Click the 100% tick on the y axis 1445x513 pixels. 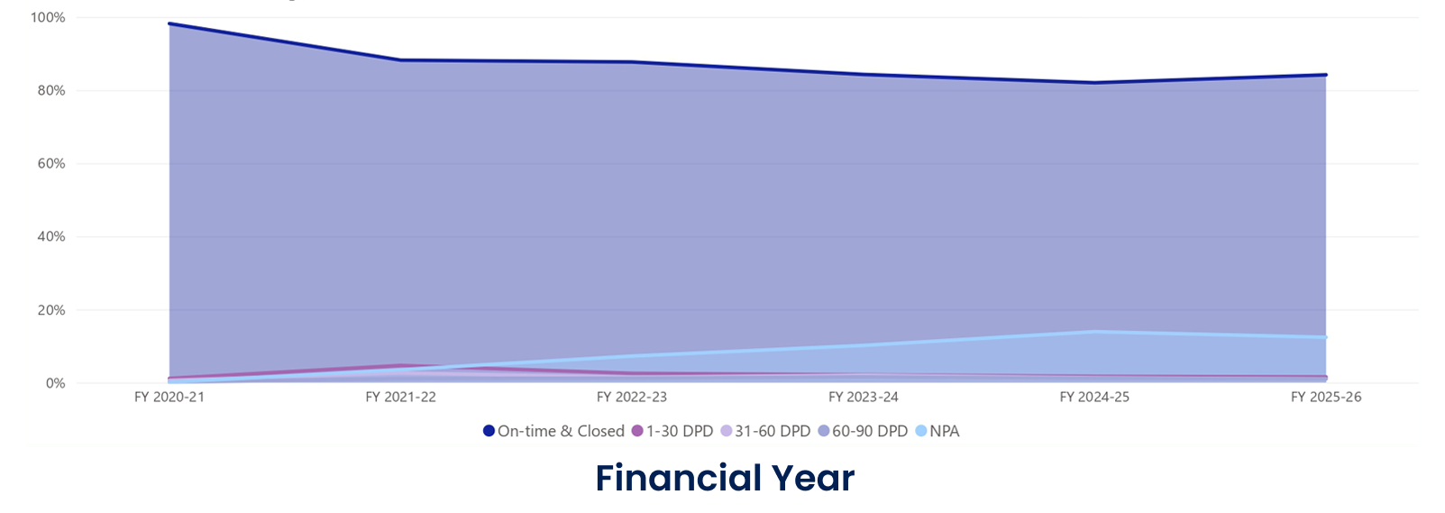[48, 18]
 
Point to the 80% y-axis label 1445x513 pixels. [51, 91]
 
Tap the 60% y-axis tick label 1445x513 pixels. [51, 164]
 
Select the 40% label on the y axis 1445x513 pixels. [51, 237]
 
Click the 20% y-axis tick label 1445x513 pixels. [51, 310]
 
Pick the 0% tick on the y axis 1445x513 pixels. [55, 383]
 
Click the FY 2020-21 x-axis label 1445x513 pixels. [169, 398]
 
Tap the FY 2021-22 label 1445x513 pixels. [400, 398]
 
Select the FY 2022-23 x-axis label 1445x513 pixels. [632, 398]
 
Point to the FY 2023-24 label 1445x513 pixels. [864, 398]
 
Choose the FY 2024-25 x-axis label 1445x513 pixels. [1094, 398]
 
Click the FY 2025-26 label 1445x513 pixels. [1326, 398]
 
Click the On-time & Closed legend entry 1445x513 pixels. [553, 432]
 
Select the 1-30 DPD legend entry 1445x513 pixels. [672, 432]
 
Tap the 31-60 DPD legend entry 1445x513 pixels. [765, 432]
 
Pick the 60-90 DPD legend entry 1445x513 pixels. [863, 432]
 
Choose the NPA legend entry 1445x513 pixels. [937, 432]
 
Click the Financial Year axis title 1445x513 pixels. [725, 478]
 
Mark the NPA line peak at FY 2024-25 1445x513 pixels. [1094, 332]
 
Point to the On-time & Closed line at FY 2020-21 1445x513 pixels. [170, 24]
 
